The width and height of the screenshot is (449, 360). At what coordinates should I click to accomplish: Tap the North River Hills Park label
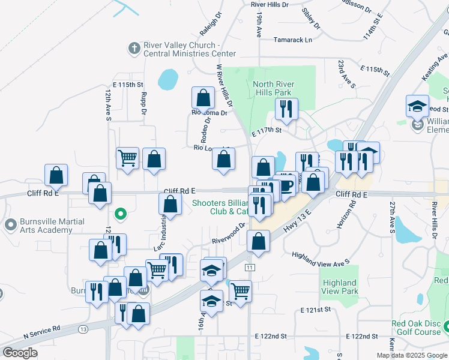(272, 88)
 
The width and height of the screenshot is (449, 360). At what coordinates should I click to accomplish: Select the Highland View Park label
(339, 287)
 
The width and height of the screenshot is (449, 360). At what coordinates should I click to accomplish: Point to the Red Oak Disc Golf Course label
(416, 328)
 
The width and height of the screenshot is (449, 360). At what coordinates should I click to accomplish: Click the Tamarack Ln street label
(293, 40)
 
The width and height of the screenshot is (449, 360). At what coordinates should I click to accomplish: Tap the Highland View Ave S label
(320, 259)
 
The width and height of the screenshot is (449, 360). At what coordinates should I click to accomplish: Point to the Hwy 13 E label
(299, 220)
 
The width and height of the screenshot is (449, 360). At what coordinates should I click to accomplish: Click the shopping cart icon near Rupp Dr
(127, 158)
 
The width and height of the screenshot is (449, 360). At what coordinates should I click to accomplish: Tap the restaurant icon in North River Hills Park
(286, 109)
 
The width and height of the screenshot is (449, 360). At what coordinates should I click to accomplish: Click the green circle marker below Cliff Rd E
(120, 213)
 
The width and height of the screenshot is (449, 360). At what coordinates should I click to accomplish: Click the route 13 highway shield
(82, 329)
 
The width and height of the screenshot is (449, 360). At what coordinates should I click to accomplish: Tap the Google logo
(20, 353)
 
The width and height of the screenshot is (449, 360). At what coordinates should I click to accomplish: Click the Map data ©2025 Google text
(411, 355)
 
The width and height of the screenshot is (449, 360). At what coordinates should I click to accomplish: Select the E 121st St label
(316, 310)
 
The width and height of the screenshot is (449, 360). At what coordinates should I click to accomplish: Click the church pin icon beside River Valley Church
(133, 47)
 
